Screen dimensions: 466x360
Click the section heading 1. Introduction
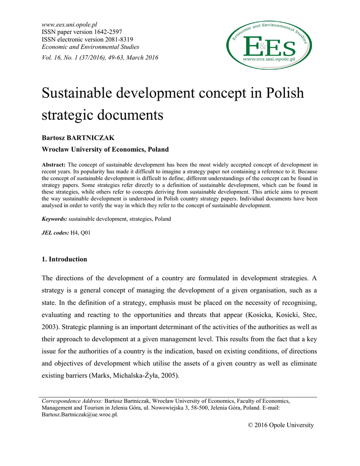coord(64,259)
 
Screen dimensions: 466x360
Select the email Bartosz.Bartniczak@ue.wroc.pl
coord(80,415)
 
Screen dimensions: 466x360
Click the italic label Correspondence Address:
coord(72,401)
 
